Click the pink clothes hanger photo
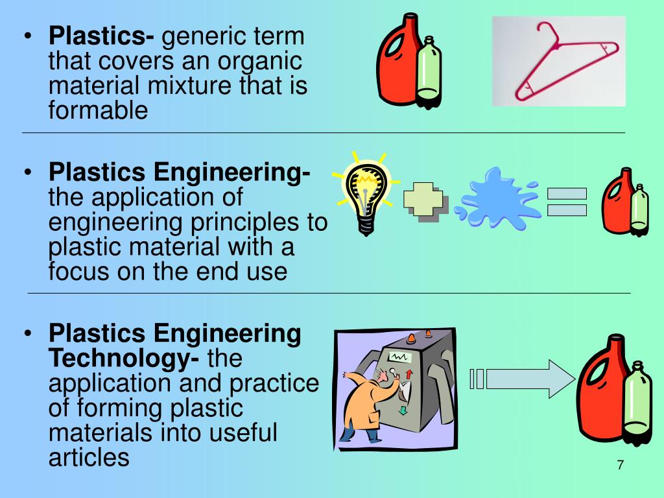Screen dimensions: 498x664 pos(559,61)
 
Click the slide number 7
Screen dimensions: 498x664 pos(621,466)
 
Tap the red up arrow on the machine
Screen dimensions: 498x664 pos(410,374)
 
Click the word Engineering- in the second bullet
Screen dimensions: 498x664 pos(231,172)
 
